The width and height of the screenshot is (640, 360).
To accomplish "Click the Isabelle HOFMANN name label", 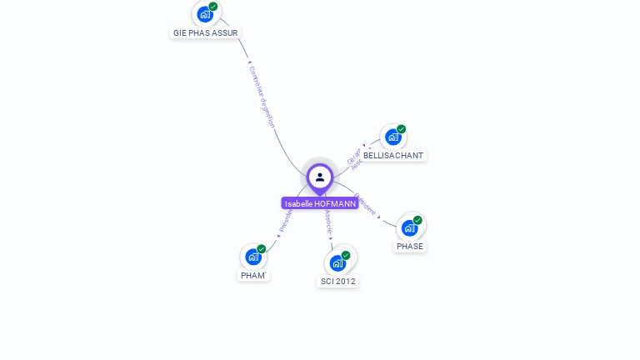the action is coord(320,203).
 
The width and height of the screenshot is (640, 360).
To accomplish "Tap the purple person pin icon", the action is coord(320,177).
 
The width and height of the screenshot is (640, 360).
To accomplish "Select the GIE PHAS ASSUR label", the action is coord(205,32).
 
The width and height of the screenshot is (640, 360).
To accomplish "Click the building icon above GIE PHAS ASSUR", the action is coord(205,14).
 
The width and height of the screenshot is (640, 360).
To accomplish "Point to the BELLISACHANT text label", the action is coord(393,155).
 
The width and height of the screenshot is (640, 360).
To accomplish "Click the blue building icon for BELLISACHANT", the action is coord(393,137).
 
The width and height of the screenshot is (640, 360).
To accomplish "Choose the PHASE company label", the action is coord(410,246).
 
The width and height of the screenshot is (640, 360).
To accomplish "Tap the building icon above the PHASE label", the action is coord(409,227).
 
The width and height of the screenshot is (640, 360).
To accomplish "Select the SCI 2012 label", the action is coord(338,281).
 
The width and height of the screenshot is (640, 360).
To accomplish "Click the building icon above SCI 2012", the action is coord(337,263).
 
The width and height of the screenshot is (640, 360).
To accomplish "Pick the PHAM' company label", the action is coord(253,275).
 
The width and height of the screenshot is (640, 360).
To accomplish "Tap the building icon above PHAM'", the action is coord(253,257).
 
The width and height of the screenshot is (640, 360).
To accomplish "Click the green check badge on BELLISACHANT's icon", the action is coord(401,129).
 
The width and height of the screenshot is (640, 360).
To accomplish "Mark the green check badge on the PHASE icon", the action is coord(417,220).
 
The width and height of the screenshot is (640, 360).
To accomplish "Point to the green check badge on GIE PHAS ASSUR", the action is coord(213,7).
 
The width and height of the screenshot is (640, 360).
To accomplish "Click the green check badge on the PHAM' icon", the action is coord(262,249).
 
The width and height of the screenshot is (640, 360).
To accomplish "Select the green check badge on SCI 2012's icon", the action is coord(346,256).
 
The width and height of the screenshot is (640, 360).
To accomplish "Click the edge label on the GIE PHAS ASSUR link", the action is coord(262,97).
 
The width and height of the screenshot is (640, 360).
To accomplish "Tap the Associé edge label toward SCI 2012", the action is coord(328,221).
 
